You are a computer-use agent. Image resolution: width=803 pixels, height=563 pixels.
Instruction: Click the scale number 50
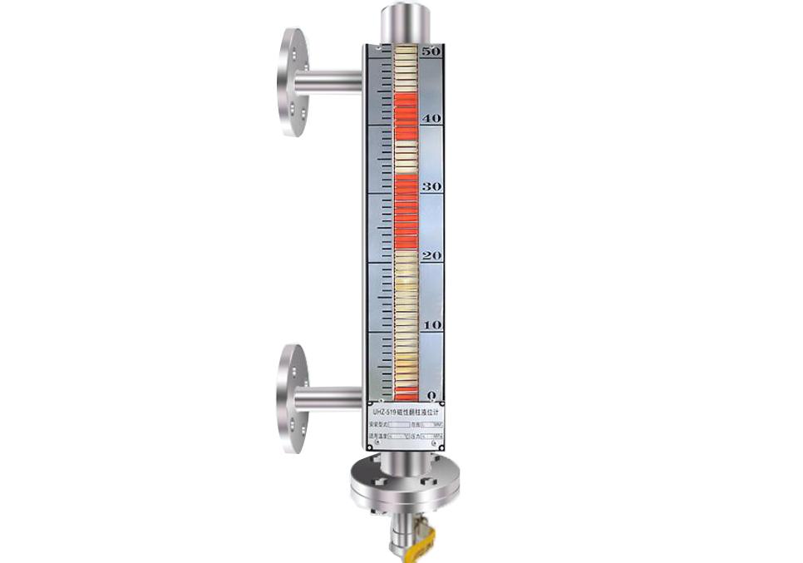tap(431, 52)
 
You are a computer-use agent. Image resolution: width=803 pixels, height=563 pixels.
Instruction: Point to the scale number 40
tap(431, 119)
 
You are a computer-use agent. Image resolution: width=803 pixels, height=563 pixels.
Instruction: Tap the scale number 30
tap(431, 187)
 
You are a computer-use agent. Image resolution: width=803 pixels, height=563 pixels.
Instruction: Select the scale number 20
tap(431, 256)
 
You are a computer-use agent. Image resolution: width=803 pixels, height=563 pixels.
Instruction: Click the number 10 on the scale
tap(431, 324)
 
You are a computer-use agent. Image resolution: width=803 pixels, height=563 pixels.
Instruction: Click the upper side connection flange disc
tap(293, 83)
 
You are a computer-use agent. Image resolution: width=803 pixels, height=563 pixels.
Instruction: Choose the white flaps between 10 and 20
tap(405, 291)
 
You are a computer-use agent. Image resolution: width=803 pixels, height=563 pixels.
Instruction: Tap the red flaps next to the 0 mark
tap(405, 391)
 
